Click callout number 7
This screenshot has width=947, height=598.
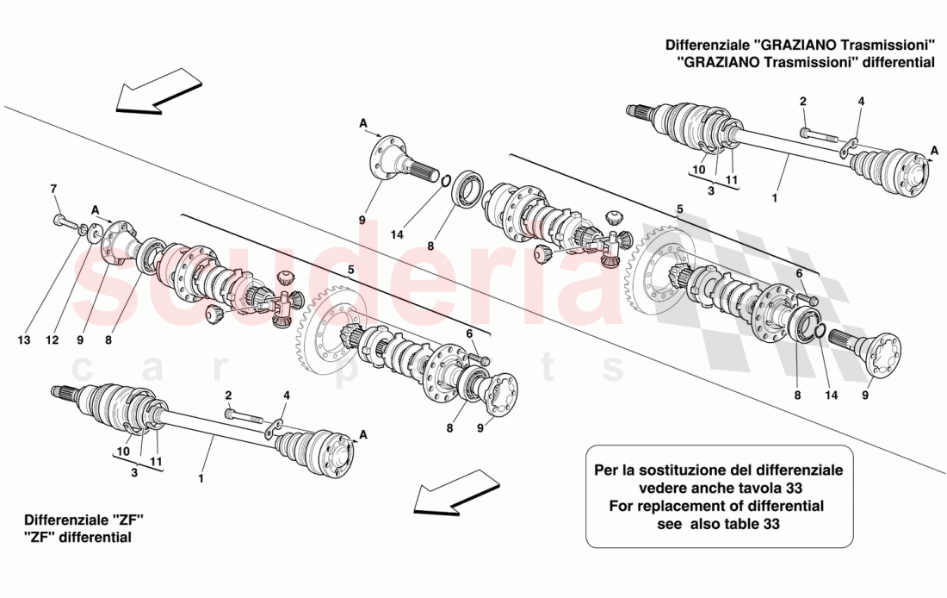pos(53,189)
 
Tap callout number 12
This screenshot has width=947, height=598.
pos(53,340)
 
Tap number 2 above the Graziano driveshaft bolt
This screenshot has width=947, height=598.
pos(802,101)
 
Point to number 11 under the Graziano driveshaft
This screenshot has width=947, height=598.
pos(732,180)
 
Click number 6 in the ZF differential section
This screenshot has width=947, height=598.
pos(469,333)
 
